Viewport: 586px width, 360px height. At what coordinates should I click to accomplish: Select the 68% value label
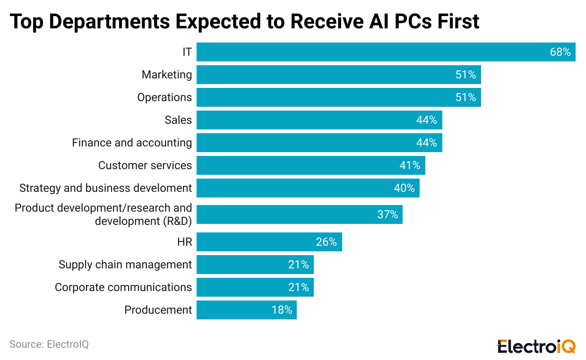(x=560, y=52)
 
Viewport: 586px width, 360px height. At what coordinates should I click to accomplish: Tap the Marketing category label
(x=167, y=75)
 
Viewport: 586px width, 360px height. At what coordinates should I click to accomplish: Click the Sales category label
(x=178, y=120)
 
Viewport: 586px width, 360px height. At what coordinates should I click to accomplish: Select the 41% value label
(x=409, y=165)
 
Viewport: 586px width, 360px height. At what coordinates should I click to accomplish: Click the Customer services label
(x=145, y=165)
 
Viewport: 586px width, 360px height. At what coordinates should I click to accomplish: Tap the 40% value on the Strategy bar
(x=404, y=188)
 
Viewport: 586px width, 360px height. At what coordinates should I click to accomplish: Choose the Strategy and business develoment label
(x=105, y=188)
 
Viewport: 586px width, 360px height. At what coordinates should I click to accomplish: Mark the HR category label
(x=184, y=242)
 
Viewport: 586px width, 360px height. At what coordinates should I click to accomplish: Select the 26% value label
(x=326, y=242)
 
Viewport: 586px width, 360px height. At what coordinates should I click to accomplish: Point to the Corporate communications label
(x=123, y=287)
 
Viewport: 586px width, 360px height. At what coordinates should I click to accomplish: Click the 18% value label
(x=282, y=310)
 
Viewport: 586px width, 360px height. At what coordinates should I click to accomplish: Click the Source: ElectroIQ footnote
(x=49, y=344)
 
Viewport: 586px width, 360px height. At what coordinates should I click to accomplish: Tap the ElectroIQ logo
(x=536, y=346)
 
